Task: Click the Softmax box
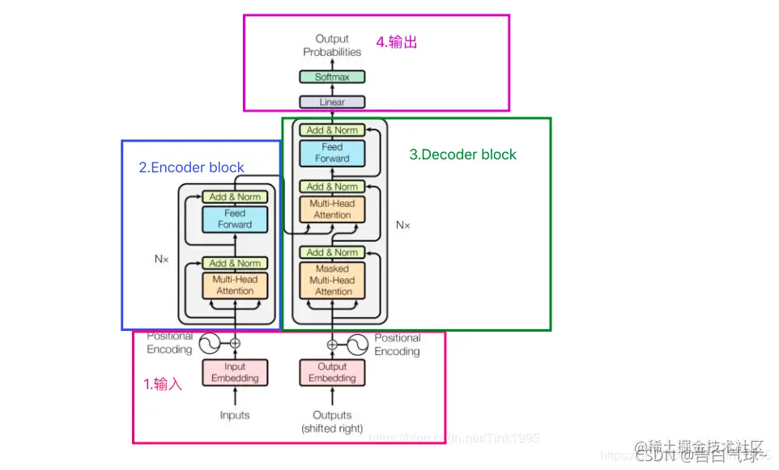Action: pyautogui.click(x=332, y=77)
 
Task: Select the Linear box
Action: pyautogui.click(x=332, y=102)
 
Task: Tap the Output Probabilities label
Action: pyautogui.click(x=332, y=45)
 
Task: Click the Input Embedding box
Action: pyautogui.click(x=235, y=372)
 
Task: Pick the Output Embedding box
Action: pyautogui.click(x=332, y=372)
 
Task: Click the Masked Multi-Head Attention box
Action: pyautogui.click(x=332, y=280)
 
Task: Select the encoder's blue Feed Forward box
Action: pyautogui.click(x=235, y=219)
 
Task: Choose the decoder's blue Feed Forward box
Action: pyautogui.click(x=332, y=153)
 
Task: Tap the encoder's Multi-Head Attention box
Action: pyautogui.click(x=235, y=285)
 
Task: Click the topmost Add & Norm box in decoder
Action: pyautogui.click(x=332, y=129)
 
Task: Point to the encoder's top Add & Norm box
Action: pyautogui.click(x=235, y=197)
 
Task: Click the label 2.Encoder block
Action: pyautogui.click(x=192, y=168)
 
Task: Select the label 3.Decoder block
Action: pyautogui.click(x=462, y=155)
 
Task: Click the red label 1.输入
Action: pyautogui.click(x=163, y=384)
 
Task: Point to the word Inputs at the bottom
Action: pyautogui.click(x=235, y=415)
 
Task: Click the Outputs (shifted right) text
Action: pyautogui.click(x=332, y=421)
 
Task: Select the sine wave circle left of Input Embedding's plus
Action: pyautogui.click(x=209, y=344)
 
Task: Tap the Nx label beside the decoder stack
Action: pyautogui.click(x=402, y=225)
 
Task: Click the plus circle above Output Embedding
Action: pyautogui.click(x=332, y=344)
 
